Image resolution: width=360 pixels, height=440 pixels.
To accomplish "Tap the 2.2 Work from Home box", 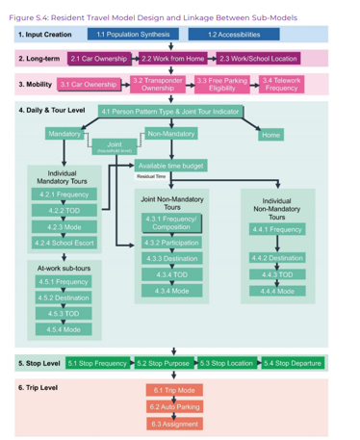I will [173, 59].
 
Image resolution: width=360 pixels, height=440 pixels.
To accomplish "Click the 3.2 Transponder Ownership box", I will [158, 84].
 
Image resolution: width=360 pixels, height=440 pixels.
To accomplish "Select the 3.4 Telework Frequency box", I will [280, 84].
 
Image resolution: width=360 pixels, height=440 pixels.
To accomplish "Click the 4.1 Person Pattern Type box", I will [170, 112].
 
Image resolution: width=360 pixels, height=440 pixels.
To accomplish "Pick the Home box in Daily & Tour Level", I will [270, 135].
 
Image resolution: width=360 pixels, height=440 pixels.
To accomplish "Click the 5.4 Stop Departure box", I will [293, 363].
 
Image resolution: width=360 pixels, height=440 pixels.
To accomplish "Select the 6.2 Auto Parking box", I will [175, 406].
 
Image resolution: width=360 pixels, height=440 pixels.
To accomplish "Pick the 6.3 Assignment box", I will [175, 423].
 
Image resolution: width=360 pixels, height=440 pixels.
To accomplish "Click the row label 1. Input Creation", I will [45, 35].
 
